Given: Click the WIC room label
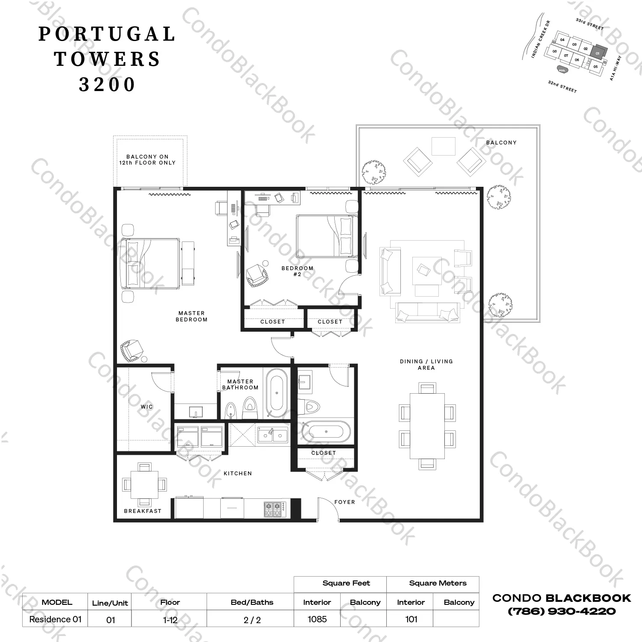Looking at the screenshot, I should tap(146, 406).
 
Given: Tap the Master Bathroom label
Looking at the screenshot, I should tap(240, 385).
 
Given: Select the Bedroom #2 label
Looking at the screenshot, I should tap(298, 271).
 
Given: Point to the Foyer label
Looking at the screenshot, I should tap(344, 502).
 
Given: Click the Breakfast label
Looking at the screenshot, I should tap(143, 511).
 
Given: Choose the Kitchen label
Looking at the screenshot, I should tap(238, 474).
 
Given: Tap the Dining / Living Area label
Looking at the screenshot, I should tap(426, 365).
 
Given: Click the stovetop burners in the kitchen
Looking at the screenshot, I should tap(274, 509).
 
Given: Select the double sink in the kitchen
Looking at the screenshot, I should tap(272, 435).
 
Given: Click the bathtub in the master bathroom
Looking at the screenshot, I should tap(277, 392).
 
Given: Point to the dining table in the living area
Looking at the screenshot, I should tap(427, 425).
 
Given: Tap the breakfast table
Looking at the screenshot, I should tap(144, 485).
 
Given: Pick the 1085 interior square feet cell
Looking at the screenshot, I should tap(317, 619).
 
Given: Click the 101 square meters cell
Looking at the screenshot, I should tap(411, 619).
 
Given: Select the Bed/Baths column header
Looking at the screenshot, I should tap(252, 602).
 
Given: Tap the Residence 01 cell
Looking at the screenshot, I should tap(55, 619).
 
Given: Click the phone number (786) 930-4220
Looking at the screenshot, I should tap(561, 611).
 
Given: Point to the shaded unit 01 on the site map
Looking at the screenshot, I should tap(598, 52).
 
